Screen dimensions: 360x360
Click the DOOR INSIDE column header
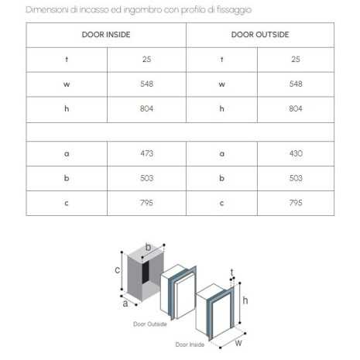point(105,35)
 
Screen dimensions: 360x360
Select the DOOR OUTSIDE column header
point(259,35)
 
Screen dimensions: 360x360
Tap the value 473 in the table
point(147,153)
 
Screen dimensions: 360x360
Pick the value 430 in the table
point(296,153)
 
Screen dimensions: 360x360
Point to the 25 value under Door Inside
point(147,60)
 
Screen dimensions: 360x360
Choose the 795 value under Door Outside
point(296,203)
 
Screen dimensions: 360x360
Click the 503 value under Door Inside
point(147,178)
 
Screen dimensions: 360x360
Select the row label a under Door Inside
point(67,153)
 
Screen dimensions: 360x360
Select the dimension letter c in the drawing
point(118,270)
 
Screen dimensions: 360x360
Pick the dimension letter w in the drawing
point(238,340)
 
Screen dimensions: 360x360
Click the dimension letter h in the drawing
point(245,300)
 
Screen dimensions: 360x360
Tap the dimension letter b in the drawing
point(148,249)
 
